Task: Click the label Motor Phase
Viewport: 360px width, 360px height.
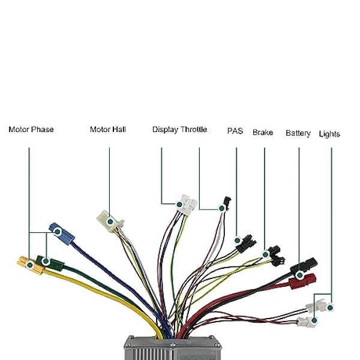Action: pyautogui.click(x=31, y=129)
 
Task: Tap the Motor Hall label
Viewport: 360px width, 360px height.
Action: pyautogui.click(x=108, y=129)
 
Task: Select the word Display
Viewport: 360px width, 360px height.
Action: pyautogui.click(x=165, y=129)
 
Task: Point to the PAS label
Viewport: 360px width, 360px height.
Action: pyautogui.click(x=235, y=130)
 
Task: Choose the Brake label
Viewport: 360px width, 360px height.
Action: pyautogui.click(x=263, y=132)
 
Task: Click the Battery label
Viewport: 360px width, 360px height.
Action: pyautogui.click(x=298, y=133)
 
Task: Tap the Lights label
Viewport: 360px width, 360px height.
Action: pyautogui.click(x=329, y=134)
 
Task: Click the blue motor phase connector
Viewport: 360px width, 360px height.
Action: pyautogui.click(x=61, y=232)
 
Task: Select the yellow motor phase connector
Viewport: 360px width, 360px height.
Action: pyautogui.click(x=28, y=263)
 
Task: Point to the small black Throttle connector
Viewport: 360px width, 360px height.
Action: pyautogui.click(x=225, y=204)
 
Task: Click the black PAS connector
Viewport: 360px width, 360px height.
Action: pyautogui.click(x=245, y=244)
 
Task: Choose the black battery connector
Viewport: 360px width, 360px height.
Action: pyautogui.click(x=304, y=266)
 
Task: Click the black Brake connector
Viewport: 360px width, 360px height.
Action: pyautogui.click(x=274, y=255)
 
